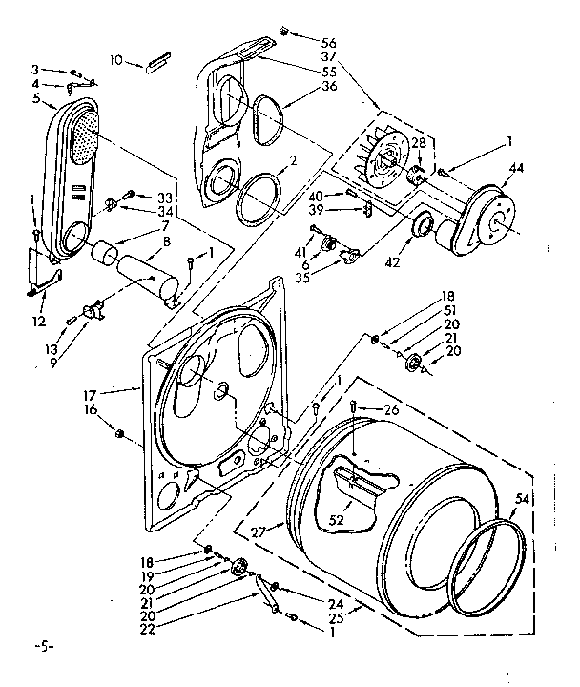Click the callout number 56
tap(329, 42)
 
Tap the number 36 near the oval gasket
tap(329, 86)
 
